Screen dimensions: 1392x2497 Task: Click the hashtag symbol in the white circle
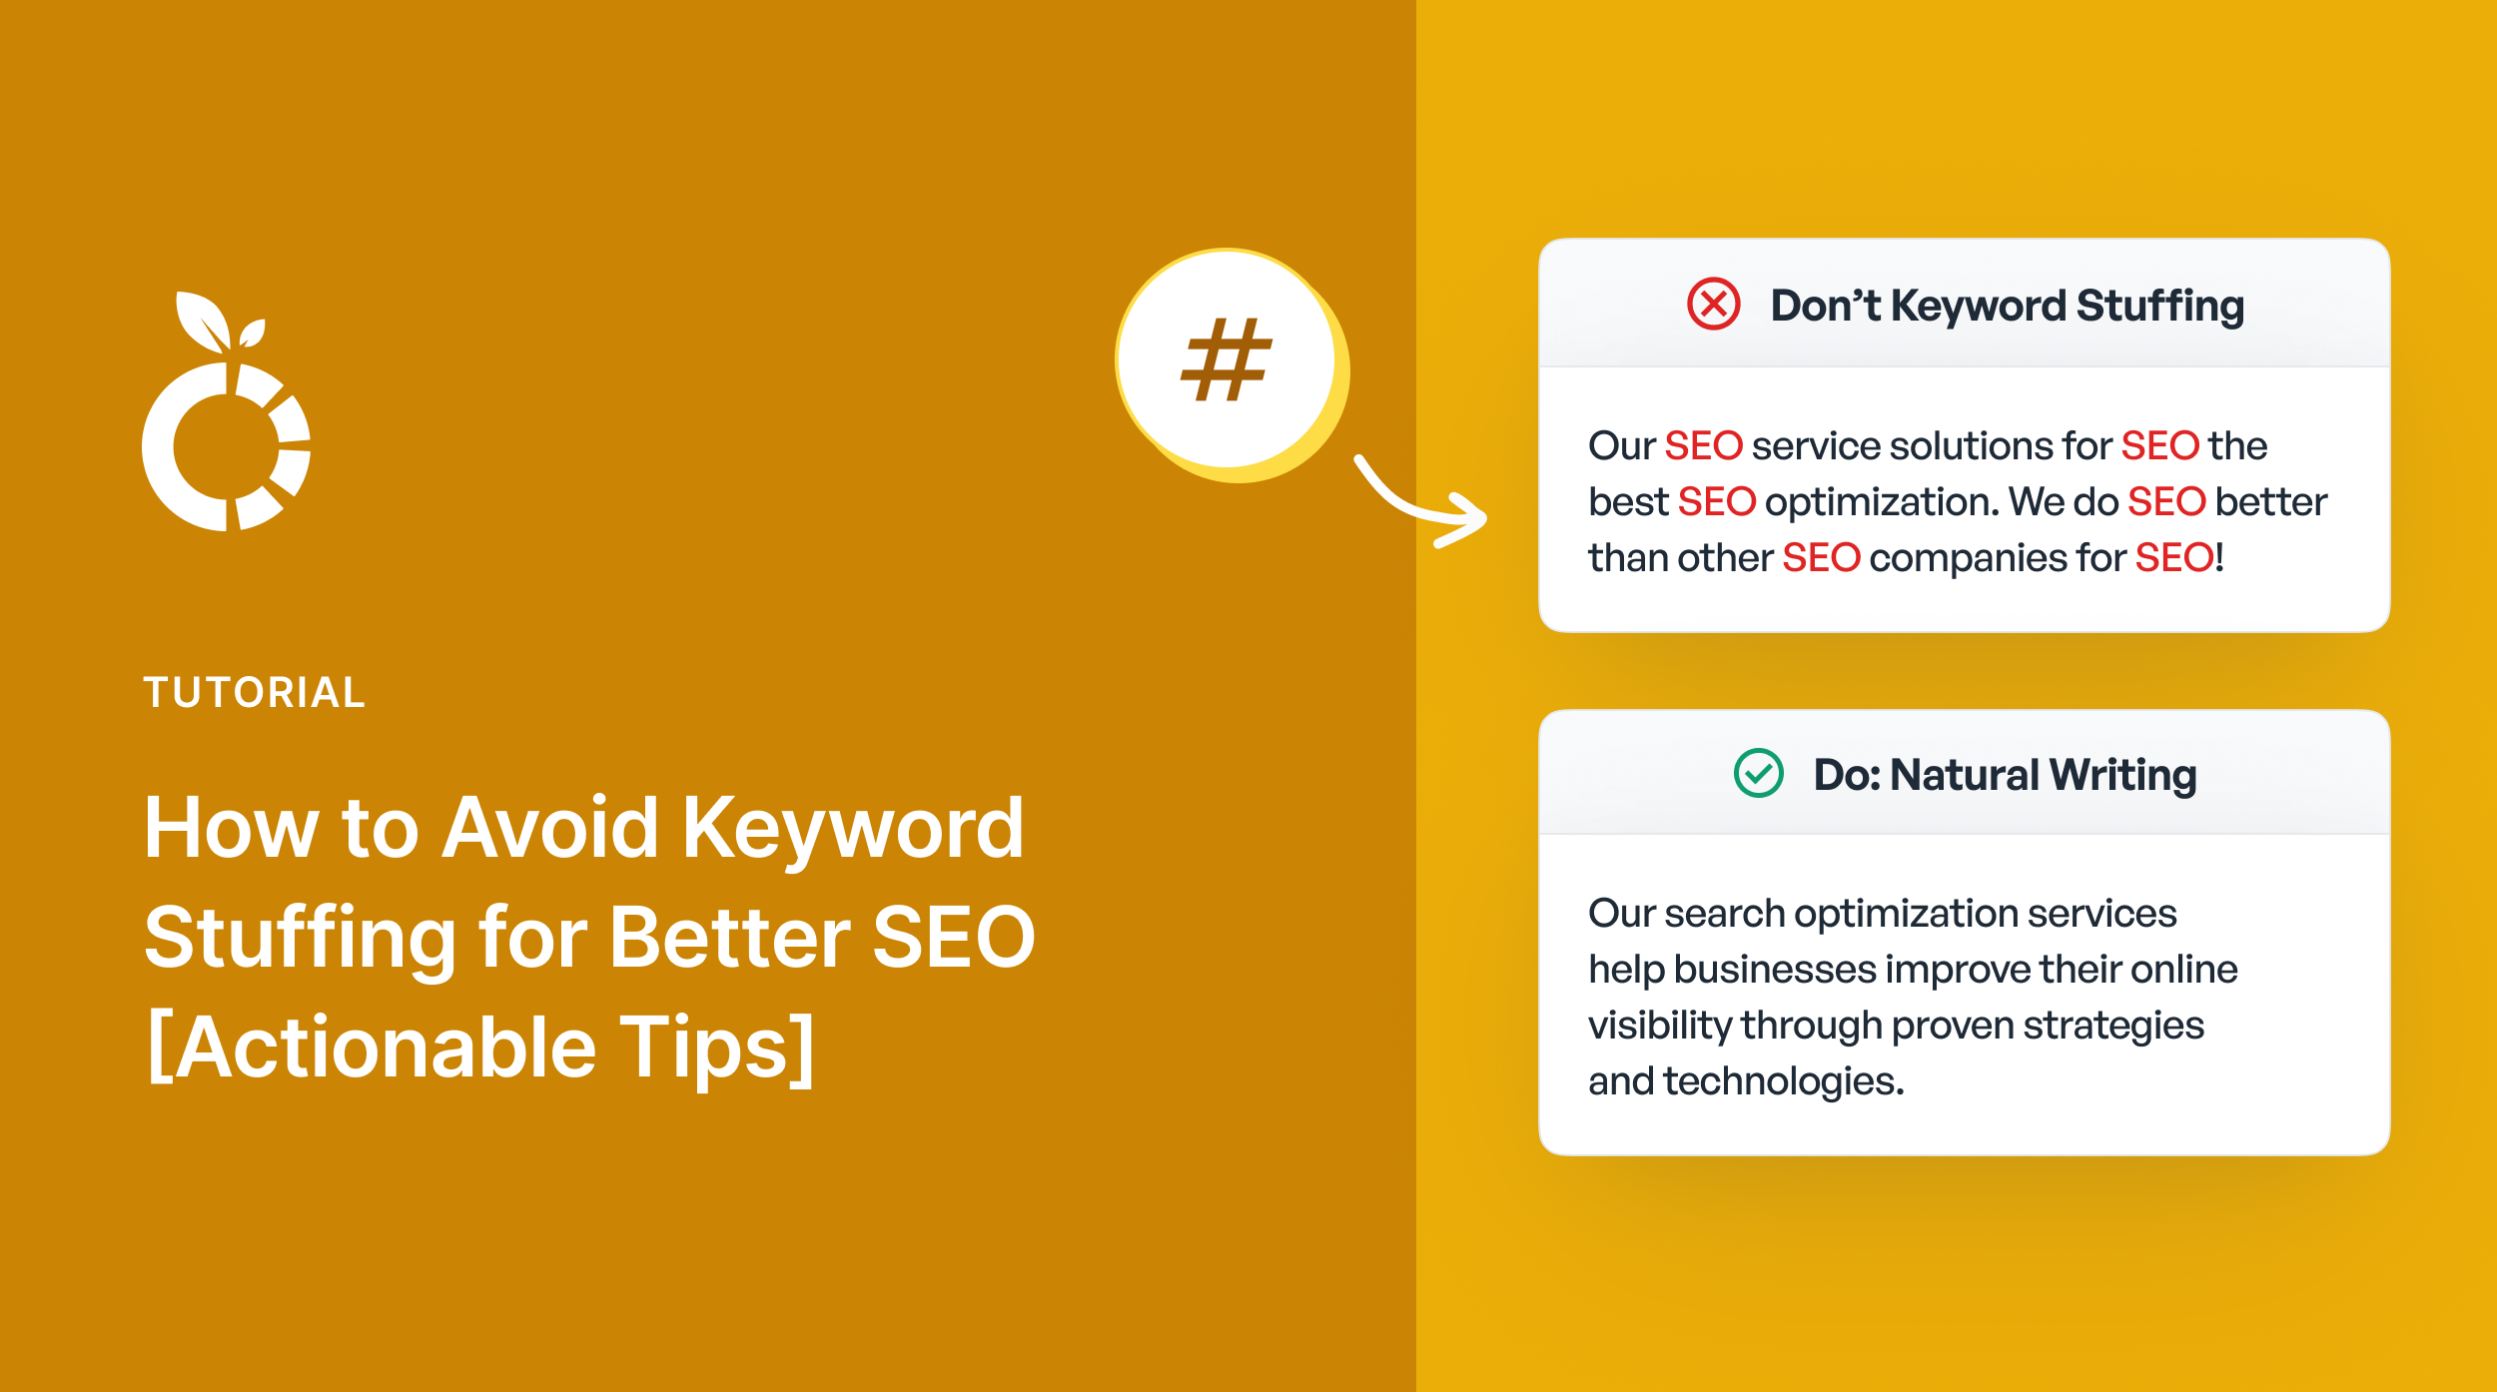click(1226, 360)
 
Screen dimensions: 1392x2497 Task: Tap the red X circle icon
click(1713, 304)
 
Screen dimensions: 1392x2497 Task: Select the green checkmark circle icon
click(1758, 773)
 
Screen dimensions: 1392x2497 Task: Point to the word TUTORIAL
click(255, 693)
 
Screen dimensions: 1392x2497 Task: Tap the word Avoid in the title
click(550, 828)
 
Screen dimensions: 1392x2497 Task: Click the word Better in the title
click(729, 938)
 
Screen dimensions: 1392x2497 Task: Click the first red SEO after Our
click(1703, 446)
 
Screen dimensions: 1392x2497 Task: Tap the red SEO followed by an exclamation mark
click(2173, 558)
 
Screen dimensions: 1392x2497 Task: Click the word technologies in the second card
click(1783, 1081)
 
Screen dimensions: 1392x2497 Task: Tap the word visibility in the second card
click(1659, 1026)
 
